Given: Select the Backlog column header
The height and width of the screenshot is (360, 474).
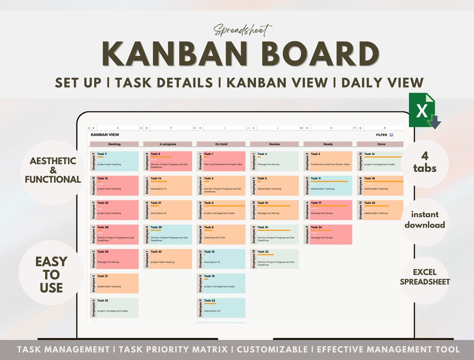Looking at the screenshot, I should (114, 144).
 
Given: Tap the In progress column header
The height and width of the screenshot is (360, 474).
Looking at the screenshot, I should (168, 144).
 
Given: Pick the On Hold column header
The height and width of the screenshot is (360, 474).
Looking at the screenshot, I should (221, 144).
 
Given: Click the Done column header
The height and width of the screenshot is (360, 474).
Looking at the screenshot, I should (381, 144).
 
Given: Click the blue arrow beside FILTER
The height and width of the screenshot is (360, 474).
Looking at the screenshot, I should (391, 135).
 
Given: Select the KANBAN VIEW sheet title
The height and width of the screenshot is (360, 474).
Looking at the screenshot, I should (105, 135).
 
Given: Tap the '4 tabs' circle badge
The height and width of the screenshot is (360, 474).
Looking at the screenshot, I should (424, 162).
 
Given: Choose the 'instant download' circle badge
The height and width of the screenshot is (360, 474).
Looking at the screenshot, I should (424, 220).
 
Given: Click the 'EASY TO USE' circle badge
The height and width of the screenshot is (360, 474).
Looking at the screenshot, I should (51, 274).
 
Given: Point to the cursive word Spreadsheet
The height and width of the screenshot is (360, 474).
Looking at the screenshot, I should (243, 30).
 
